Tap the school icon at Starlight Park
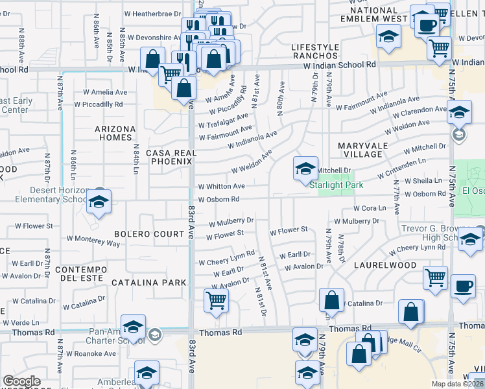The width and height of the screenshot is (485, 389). pos(305,170)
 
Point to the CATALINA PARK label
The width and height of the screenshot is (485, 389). pos(148,283)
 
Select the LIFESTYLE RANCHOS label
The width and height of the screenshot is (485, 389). pos(315,52)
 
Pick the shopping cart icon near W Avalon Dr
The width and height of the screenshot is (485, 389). pos(216,300)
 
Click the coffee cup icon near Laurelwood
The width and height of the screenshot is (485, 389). pos(463,287)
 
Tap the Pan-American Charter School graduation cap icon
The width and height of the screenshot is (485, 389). pos(133,327)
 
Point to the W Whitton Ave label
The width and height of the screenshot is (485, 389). pos(221,186)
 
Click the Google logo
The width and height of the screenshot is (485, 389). pos(21,381)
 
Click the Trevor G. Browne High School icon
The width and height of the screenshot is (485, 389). pos(470,239)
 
